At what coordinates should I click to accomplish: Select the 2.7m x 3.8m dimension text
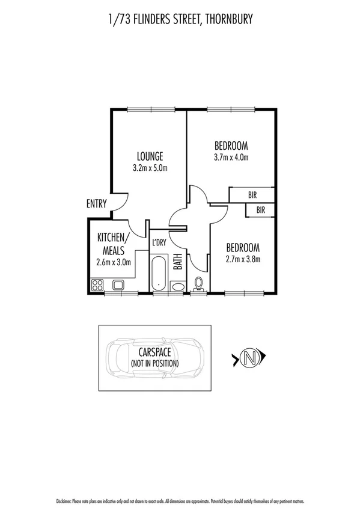243,260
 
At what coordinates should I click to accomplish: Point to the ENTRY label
97,204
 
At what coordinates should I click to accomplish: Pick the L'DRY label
159,242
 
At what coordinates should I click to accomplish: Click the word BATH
178,263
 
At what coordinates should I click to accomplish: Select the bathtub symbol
158,273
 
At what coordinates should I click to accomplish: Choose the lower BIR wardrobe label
260,210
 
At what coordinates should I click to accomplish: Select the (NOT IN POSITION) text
155,363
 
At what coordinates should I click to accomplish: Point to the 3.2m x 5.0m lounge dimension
150,168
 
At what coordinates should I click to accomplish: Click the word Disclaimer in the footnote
64,500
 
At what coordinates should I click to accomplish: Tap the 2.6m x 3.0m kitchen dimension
113,262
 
